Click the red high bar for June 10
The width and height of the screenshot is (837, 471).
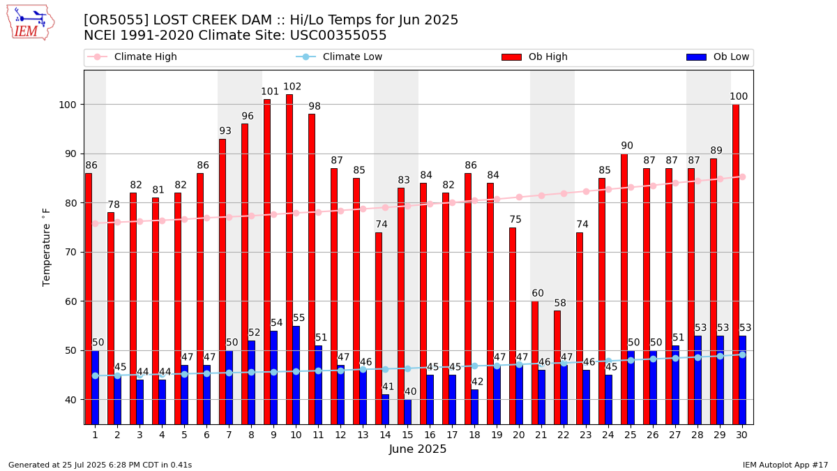pos(289,258)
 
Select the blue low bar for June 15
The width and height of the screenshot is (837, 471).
pos(407,412)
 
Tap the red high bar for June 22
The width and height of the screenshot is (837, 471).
pos(557,366)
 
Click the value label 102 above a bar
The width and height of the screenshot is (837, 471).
pos(292,87)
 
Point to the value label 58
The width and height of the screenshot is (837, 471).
pos(561,304)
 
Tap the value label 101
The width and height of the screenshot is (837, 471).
pos(270,92)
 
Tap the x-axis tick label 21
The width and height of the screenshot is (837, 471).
pos(541,435)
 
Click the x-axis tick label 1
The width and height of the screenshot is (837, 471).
pos(95,435)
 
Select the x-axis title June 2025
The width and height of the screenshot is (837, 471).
pos(417,449)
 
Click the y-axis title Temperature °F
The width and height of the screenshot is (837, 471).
pos(47,246)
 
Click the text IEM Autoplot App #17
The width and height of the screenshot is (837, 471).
pos(785,465)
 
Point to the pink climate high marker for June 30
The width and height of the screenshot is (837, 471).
pos(742,177)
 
